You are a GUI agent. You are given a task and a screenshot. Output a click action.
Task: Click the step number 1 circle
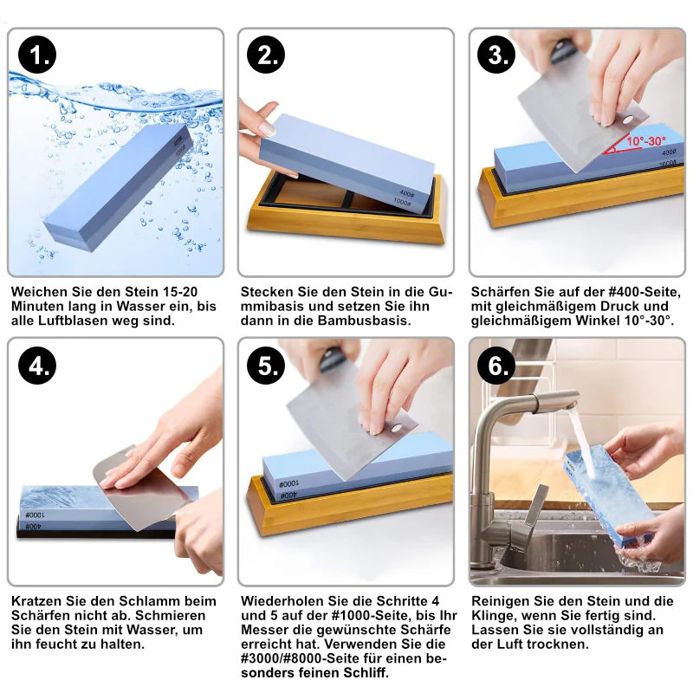click(x=37, y=55)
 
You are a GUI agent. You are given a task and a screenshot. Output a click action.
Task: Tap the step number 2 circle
click(x=266, y=55)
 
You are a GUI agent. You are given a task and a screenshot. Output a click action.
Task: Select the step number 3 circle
click(x=496, y=55)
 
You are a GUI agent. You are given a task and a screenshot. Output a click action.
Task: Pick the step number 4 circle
click(x=37, y=366)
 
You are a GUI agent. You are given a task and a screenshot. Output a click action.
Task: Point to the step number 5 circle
click(x=266, y=366)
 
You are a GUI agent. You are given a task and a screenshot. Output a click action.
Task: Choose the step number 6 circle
click(x=496, y=366)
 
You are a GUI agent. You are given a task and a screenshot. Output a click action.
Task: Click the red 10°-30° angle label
click(x=645, y=141)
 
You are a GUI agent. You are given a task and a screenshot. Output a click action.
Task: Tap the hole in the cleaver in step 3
click(x=626, y=120)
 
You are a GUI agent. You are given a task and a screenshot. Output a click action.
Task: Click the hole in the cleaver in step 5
click(x=397, y=428)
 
